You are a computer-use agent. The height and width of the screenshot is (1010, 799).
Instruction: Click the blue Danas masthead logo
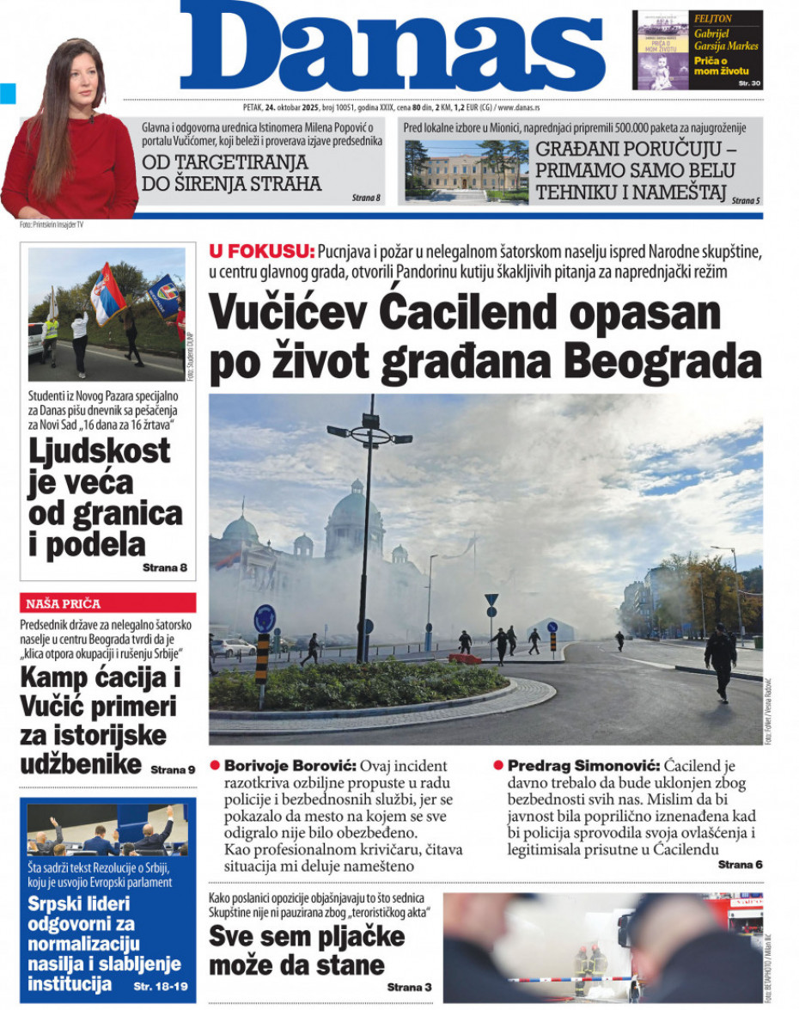click(x=393, y=47)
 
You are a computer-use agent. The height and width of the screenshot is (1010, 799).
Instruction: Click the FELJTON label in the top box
click(x=713, y=18)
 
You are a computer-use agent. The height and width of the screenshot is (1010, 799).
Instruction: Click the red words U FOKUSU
click(x=260, y=251)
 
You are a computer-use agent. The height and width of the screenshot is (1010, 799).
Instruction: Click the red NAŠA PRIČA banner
click(x=107, y=603)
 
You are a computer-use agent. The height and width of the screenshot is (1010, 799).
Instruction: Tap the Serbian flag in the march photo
click(x=107, y=292)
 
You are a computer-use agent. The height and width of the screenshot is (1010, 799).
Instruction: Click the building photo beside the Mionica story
click(x=467, y=170)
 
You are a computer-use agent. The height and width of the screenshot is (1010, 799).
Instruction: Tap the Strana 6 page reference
click(x=740, y=865)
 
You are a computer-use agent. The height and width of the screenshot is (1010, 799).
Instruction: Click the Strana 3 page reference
click(x=409, y=987)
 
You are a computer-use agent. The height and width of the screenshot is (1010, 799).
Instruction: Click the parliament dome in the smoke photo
click(x=354, y=511)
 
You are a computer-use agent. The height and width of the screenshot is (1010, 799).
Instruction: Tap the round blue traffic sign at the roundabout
click(x=265, y=618)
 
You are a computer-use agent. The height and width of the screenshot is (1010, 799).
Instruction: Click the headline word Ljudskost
click(x=100, y=450)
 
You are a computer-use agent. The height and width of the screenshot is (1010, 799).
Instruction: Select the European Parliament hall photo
click(x=107, y=829)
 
